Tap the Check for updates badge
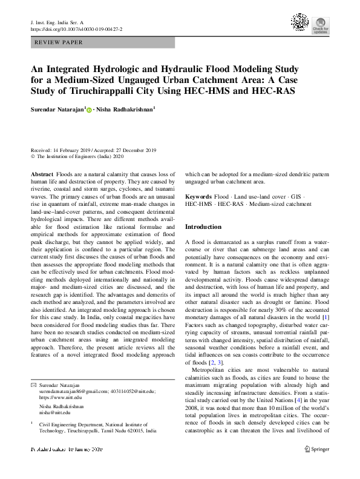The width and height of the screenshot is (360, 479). coord(321,24)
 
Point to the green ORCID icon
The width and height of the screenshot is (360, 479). coord(90,110)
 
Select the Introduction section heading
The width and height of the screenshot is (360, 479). coord(203,226)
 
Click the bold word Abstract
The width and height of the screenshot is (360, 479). coord(41,174)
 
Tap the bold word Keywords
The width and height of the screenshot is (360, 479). coord(198,197)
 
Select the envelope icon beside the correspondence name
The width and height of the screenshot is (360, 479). coord(33,385)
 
